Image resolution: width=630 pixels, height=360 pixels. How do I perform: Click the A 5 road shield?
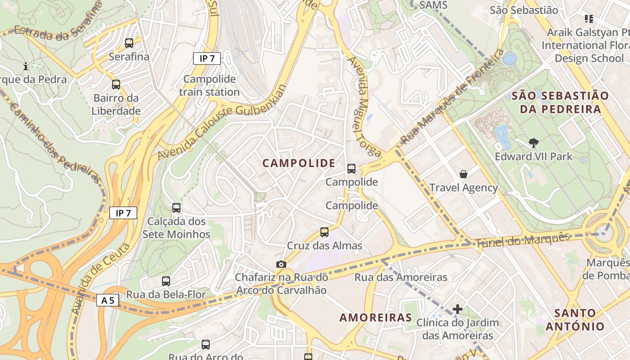tap(108, 300)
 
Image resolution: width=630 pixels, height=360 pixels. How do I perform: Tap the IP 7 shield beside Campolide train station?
tap(207, 58)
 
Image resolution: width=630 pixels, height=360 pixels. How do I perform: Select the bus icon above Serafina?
tap(129, 43)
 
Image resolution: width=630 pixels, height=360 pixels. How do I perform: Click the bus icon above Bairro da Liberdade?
tap(116, 85)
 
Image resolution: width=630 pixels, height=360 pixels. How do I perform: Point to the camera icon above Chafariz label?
tap(281, 264)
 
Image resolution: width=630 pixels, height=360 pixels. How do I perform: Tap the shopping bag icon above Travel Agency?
tap(463, 174)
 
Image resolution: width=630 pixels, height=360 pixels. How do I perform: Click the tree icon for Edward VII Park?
tap(534, 143)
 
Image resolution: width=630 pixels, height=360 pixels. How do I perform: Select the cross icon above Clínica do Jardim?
tap(458, 309)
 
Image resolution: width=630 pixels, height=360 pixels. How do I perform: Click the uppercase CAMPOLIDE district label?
tap(299, 163)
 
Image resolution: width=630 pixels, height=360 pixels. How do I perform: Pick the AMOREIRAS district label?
tap(376, 318)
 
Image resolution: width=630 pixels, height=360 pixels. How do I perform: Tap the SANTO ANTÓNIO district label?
tap(575, 319)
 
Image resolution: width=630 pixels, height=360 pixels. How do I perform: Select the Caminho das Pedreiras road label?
tap(54, 144)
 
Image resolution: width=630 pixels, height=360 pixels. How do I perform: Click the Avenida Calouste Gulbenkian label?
tap(221, 122)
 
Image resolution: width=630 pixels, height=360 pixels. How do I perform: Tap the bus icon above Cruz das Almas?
tap(324, 232)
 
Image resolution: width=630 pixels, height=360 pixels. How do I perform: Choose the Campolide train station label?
tap(209, 85)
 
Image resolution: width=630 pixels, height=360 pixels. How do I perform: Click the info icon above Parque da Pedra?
tap(26, 66)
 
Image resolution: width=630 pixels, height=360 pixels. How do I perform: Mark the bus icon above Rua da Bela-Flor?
tap(166, 281)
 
